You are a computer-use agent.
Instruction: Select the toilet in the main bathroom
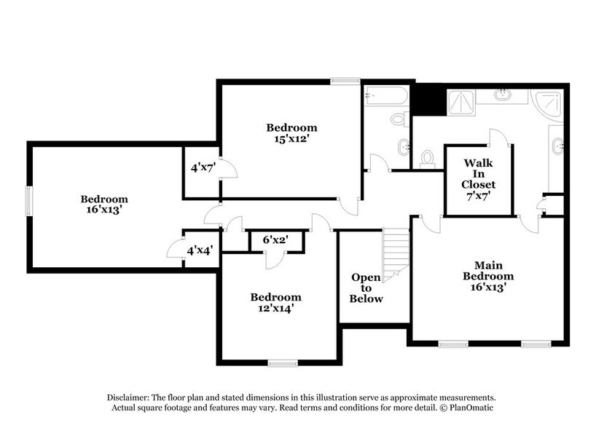pos(428,158)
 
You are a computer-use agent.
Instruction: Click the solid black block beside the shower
pos(428,100)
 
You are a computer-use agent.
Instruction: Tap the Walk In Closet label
pos(478,174)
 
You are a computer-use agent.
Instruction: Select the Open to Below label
pos(366,288)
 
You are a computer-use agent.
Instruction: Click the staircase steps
pos(396,251)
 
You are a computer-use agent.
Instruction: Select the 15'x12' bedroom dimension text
pos(291,138)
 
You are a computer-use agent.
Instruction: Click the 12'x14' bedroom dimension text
pos(276,308)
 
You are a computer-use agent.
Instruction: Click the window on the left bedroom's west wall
pos(29,200)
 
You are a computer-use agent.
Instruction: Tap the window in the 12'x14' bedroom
pos(281,362)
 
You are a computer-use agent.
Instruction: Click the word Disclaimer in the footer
pos(128,397)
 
